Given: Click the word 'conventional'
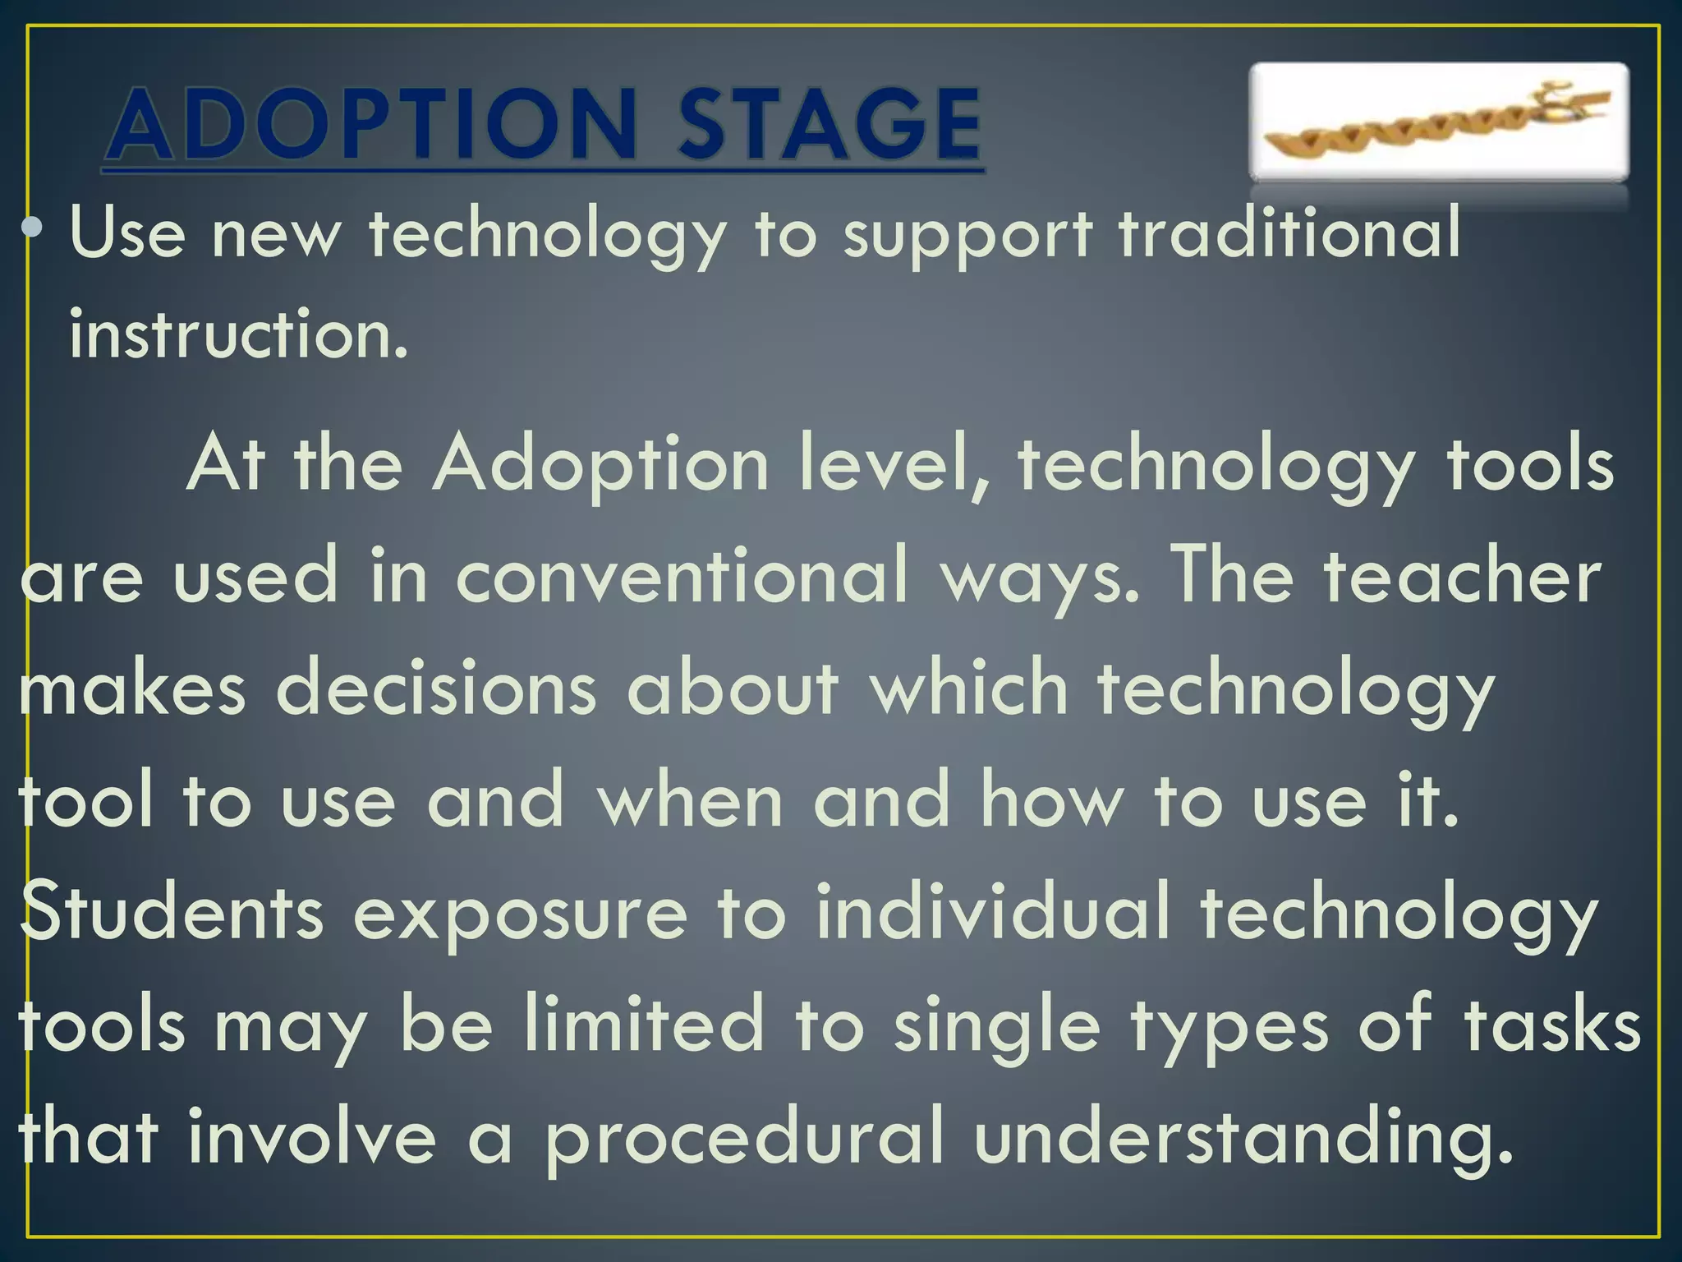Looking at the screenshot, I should (682, 575).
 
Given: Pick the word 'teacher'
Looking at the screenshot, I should (1463, 575).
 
